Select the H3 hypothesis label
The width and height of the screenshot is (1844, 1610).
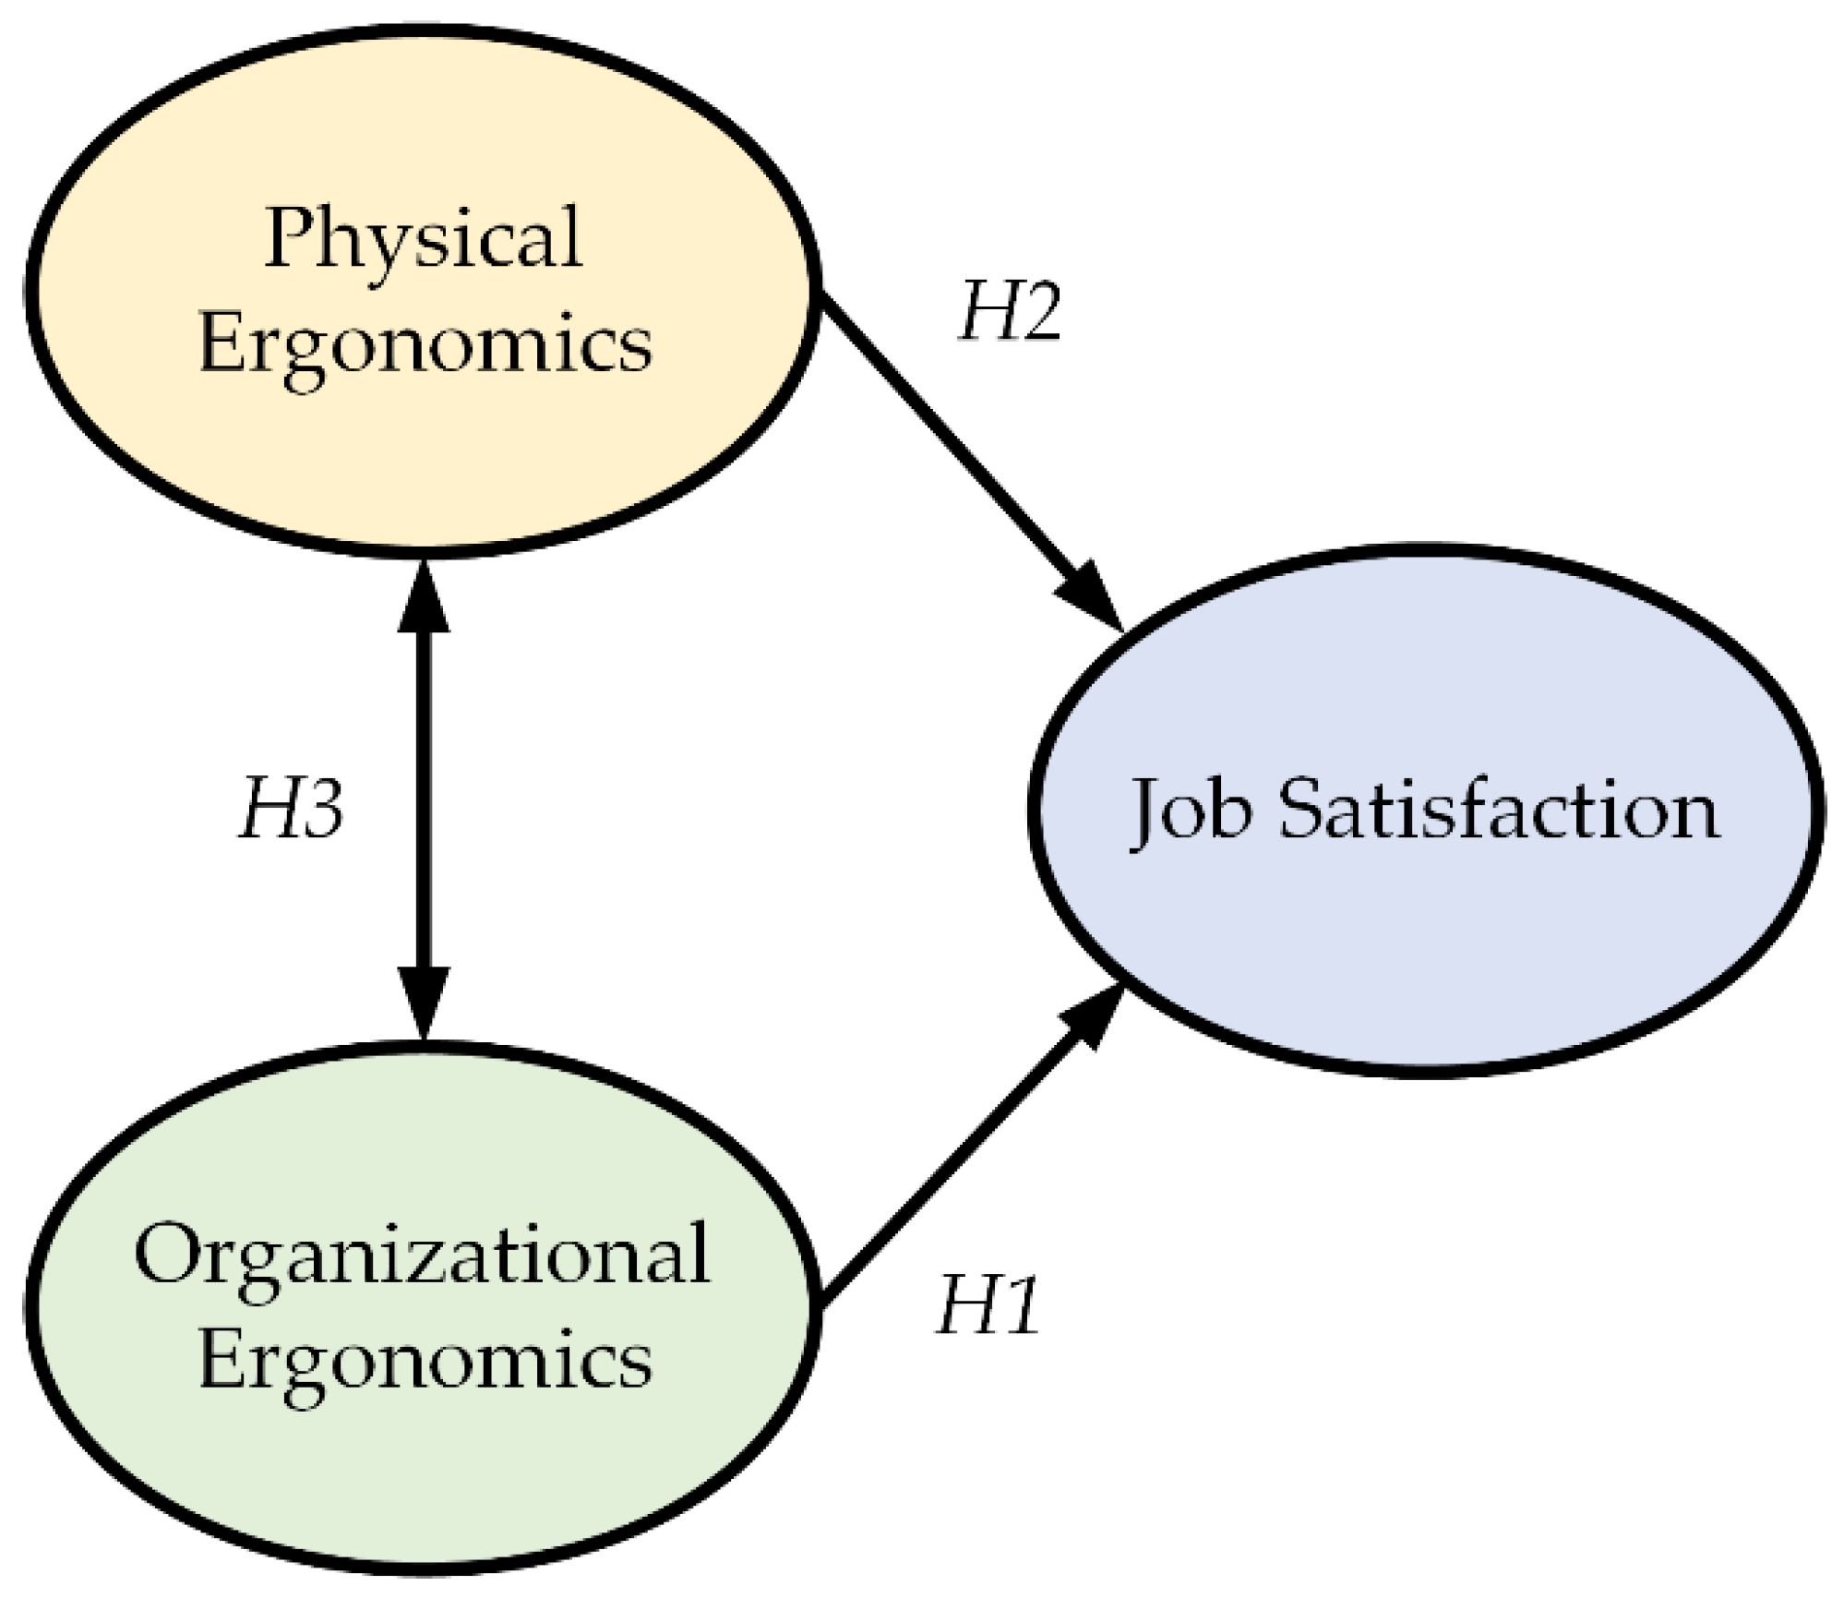tap(292, 809)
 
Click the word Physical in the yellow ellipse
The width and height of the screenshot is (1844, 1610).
tap(424, 237)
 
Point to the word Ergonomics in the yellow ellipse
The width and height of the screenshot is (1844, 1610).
tap(425, 342)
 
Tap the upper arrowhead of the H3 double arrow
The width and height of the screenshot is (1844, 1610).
tap(424, 595)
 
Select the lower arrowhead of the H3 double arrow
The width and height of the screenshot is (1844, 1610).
tap(424, 1002)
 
